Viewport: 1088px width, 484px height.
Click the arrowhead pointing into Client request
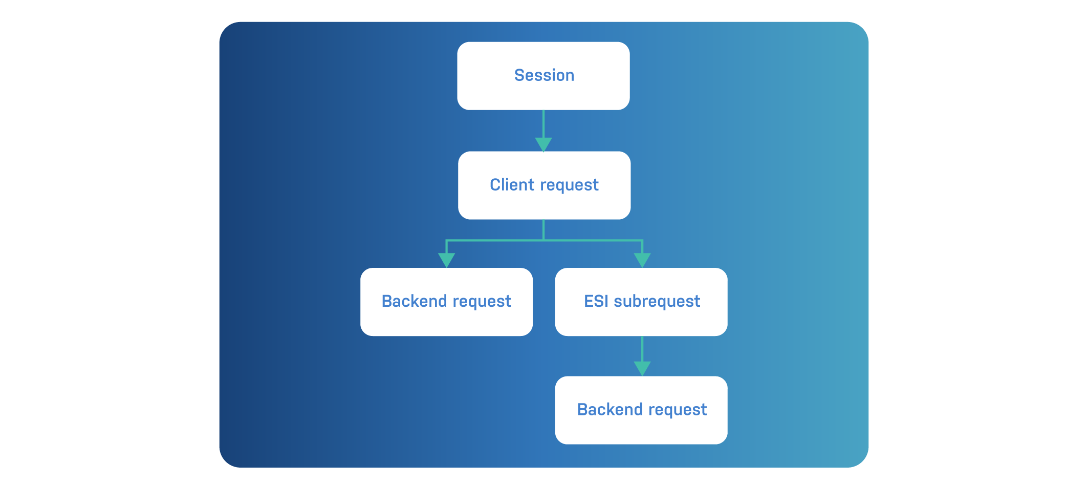pyautogui.click(x=543, y=144)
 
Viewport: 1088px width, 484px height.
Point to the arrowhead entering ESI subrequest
pyautogui.click(x=642, y=260)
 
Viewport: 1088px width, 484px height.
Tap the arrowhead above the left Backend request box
pyautogui.click(x=446, y=260)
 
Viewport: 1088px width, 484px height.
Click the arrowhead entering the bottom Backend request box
pyautogui.click(x=642, y=368)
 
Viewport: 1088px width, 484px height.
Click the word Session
pyautogui.click(x=544, y=75)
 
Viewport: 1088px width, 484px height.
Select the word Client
pyautogui.click(x=512, y=185)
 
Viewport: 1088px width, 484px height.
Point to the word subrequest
pyautogui.click(x=657, y=302)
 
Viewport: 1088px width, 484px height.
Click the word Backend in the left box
pyautogui.click(x=414, y=301)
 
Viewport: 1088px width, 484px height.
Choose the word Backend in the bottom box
pyautogui.click(x=610, y=410)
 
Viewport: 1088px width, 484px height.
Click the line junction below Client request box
pyautogui.click(x=543, y=240)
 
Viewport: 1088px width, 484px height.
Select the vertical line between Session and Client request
pyautogui.click(x=543, y=123)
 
